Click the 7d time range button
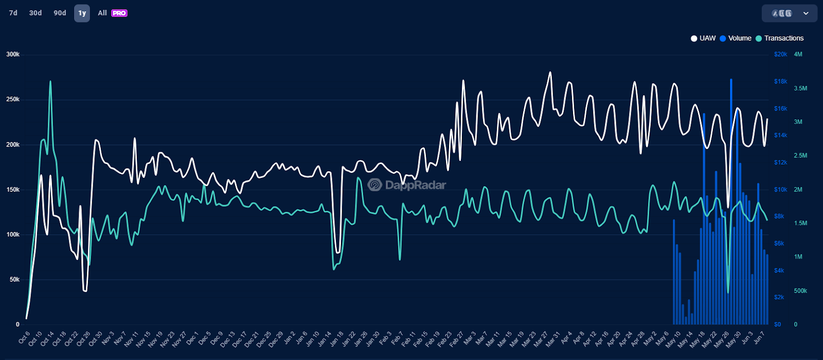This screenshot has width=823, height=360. tap(13, 13)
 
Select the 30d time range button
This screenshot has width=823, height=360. tap(35, 13)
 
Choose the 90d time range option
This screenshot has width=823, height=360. tap(60, 13)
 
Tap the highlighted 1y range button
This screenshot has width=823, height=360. tap(82, 13)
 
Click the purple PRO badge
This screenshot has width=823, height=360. tap(119, 13)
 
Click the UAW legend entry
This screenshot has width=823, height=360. tap(704, 38)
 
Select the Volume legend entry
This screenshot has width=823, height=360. tap(736, 38)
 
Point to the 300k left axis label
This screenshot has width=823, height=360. tap(13, 55)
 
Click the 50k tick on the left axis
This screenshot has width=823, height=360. tap(14, 280)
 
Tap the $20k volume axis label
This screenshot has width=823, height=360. tap(780, 55)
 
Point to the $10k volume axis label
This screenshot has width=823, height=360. tap(780, 190)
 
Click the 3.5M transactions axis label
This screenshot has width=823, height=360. tap(800, 88)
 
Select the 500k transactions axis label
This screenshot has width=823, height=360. tap(800, 291)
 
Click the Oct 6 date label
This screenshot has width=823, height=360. tap(25, 337)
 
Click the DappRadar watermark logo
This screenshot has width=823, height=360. tap(407, 185)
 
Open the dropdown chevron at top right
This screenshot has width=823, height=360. tap(806, 13)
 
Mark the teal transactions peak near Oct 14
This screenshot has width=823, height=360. tap(50, 81)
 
